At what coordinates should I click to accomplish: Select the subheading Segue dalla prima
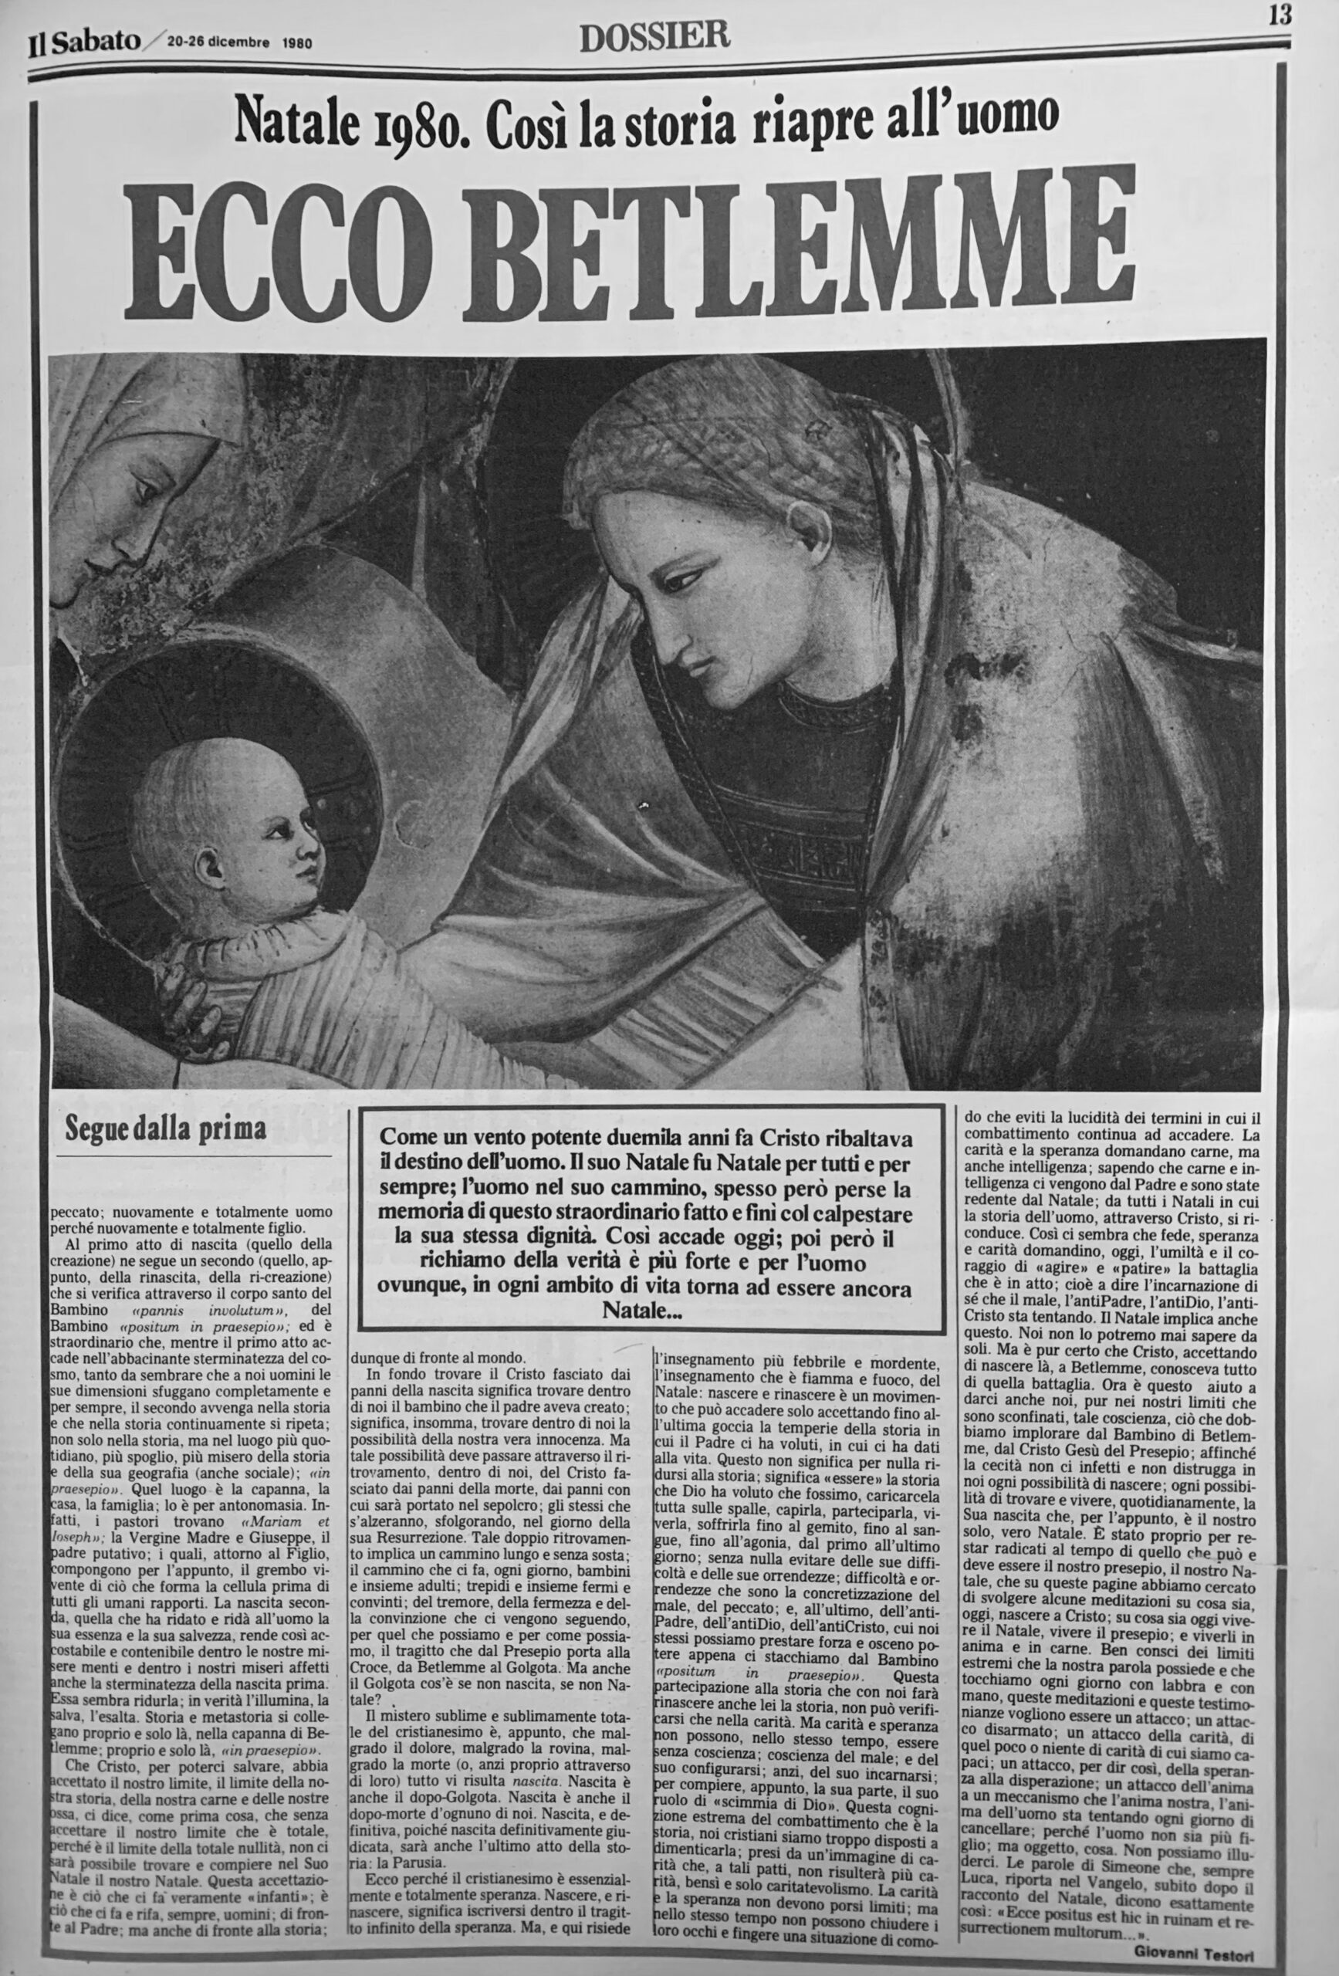tap(165, 1130)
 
